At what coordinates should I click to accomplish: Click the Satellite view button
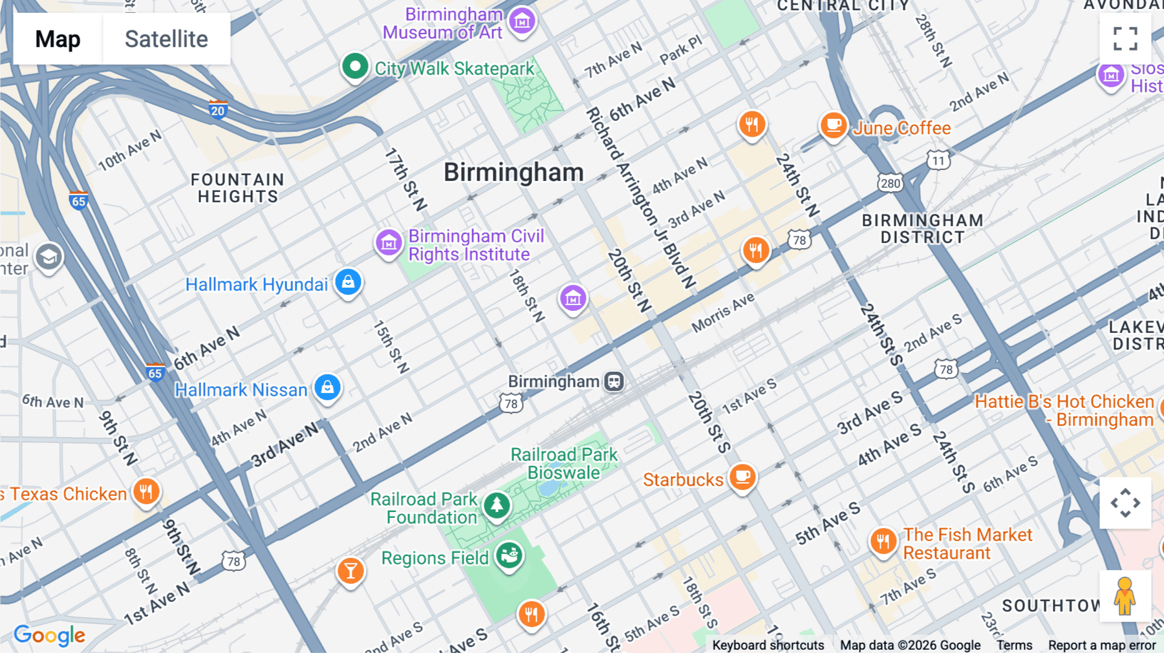pyautogui.click(x=166, y=39)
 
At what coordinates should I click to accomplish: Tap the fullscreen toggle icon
pyautogui.click(x=1125, y=39)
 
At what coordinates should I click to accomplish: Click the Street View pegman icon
pyautogui.click(x=1125, y=595)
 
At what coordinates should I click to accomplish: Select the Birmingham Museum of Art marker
pyautogui.click(x=522, y=21)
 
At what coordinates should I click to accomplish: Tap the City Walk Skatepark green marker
pyautogui.click(x=355, y=66)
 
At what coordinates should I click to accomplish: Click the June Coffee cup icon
pyautogui.click(x=834, y=124)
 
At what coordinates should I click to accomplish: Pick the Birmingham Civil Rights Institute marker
pyautogui.click(x=389, y=243)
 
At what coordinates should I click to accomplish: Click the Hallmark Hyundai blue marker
pyautogui.click(x=348, y=282)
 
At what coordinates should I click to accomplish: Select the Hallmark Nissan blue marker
pyautogui.click(x=327, y=387)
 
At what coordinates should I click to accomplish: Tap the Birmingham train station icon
pyautogui.click(x=614, y=381)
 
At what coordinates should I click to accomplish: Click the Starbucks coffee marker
pyautogui.click(x=743, y=477)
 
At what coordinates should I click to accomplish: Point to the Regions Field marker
pyautogui.click(x=509, y=555)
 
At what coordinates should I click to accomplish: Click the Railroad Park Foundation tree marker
pyautogui.click(x=497, y=504)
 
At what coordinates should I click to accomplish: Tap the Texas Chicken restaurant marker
pyautogui.click(x=146, y=491)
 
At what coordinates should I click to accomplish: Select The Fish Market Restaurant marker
pyautogui.click(x=883, y=541)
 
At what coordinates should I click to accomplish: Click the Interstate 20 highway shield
pyautogui.click(x=218, y=110)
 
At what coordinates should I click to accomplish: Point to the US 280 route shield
pyautogui.click(x=890, y=183)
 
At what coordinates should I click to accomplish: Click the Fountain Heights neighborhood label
pyautogui.click(x=237, y=188)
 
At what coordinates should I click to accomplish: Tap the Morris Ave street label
pyautogui.click(x=723, y=313)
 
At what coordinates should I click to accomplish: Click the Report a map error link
pyautogui.click(x=1102, y=645)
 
